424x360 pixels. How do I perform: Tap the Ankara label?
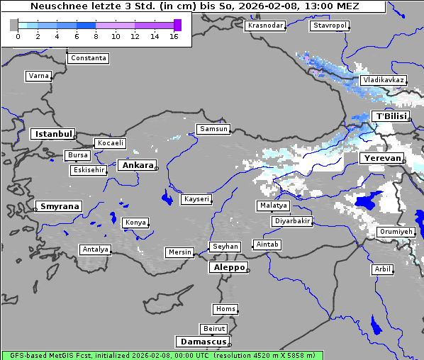pos(137,165)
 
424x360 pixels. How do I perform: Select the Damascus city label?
pos(202,342)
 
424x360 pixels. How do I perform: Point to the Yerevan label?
pos(381,158)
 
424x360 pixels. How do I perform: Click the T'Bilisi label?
pos(390,116)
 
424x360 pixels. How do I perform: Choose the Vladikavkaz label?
pos(383,81)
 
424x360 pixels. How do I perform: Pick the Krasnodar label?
pos(265,26)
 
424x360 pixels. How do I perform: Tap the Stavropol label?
pos(330,26)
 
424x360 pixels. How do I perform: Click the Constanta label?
pos(89,58)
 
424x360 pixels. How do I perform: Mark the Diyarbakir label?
pos(292,221)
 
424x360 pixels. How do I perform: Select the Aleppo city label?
pos(228,268)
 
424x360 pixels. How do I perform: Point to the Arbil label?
pos(382,269)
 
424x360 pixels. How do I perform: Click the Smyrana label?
pos(59,206)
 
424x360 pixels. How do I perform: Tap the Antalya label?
pos(95,249)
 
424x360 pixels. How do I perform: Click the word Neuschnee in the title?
pos(59,6)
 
